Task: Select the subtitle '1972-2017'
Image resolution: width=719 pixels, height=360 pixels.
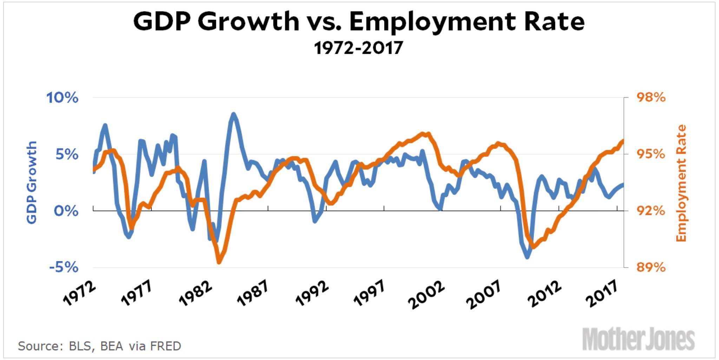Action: (x=358, y=48)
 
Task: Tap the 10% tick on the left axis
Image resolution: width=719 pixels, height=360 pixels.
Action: (x=62, y=98)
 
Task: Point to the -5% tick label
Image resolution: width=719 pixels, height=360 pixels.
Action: (x=64, y=267)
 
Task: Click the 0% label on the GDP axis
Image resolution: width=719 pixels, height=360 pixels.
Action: (x=66, y=211)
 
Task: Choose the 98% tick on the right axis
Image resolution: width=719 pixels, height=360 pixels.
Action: (x=651, y=97)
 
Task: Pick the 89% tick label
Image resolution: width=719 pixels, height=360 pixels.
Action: (x=651, y=267)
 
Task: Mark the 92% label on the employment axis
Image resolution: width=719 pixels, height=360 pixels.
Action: (x=651, y=211)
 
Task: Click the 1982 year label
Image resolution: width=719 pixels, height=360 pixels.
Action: (x=195, y=294)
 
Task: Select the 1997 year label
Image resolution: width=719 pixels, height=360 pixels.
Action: (x=369, y=294)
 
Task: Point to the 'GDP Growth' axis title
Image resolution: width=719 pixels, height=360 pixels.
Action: (x=32, y=182)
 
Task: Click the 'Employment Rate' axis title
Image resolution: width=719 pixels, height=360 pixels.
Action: (x=681, y=183)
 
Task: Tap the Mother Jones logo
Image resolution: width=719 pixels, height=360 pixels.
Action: (x=638, y=339)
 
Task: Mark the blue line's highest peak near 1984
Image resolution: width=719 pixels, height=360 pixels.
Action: (x=233, y=114)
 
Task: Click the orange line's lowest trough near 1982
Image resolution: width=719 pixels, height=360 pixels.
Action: (x=219, y=262)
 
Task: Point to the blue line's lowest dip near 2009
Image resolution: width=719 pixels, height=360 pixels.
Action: (x=527, y=257)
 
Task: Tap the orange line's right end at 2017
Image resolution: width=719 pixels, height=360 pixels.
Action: (x=623, y=141)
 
